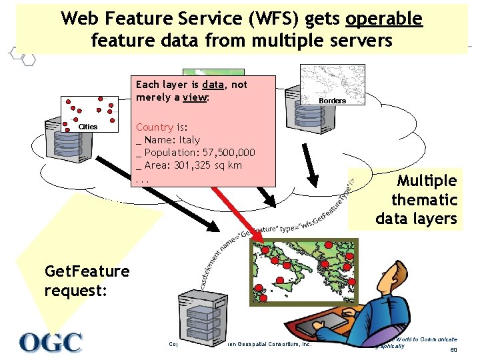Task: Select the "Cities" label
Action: point(87,127)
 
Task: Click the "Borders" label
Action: point(332,101)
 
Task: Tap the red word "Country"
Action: point(155,127)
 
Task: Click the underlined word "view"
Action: point(195,97)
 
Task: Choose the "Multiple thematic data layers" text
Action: point(416,199)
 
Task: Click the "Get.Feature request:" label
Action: point(87,281)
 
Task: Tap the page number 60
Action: point(453,351)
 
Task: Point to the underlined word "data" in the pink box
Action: point(213,85)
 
